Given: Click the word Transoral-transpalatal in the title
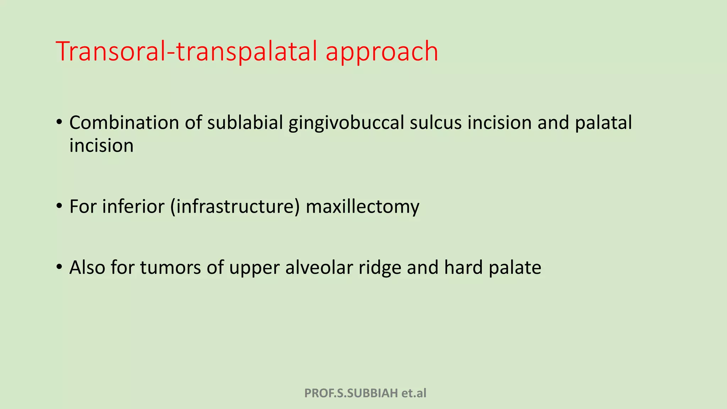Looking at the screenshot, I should [186, 51].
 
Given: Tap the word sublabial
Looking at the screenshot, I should [245, 123].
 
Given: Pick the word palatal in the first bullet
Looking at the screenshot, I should [603, 123].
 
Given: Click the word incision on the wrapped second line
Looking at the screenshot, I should [102, 146].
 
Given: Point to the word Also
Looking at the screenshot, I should [87, 267].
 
